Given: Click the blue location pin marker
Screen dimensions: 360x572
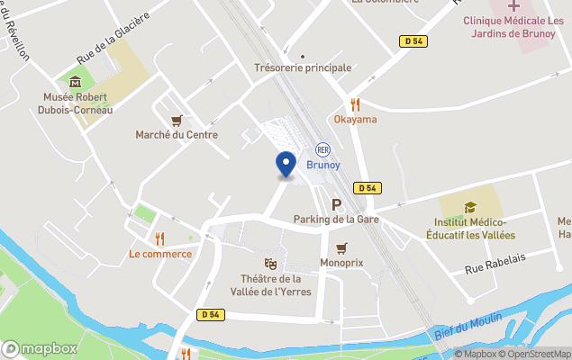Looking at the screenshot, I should (286, 165).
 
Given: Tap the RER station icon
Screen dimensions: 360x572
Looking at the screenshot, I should (322, 150).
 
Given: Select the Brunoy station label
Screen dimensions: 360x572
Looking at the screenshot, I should (323, 165).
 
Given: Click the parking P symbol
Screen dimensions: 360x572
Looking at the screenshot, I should (337, 204).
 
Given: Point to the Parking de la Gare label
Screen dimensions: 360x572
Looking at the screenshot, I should (333, 219).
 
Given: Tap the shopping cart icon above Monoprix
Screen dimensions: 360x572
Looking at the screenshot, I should (340, 247).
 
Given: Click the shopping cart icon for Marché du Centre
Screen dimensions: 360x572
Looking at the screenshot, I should (177, 120).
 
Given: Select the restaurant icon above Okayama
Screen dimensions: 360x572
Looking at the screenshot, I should (355, 103).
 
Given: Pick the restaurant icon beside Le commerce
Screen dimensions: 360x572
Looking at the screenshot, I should (160, 238).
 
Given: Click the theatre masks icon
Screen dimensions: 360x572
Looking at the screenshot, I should (270, 263).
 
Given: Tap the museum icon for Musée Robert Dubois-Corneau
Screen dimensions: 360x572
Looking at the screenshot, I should (75, 82).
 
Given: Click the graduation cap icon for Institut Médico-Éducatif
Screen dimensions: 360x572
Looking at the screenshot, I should (470, 207).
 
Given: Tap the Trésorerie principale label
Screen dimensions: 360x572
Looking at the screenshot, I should (303, 67).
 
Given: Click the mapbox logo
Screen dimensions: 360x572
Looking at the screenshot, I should (41, 348).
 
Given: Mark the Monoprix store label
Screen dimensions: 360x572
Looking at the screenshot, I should (340, 263).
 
